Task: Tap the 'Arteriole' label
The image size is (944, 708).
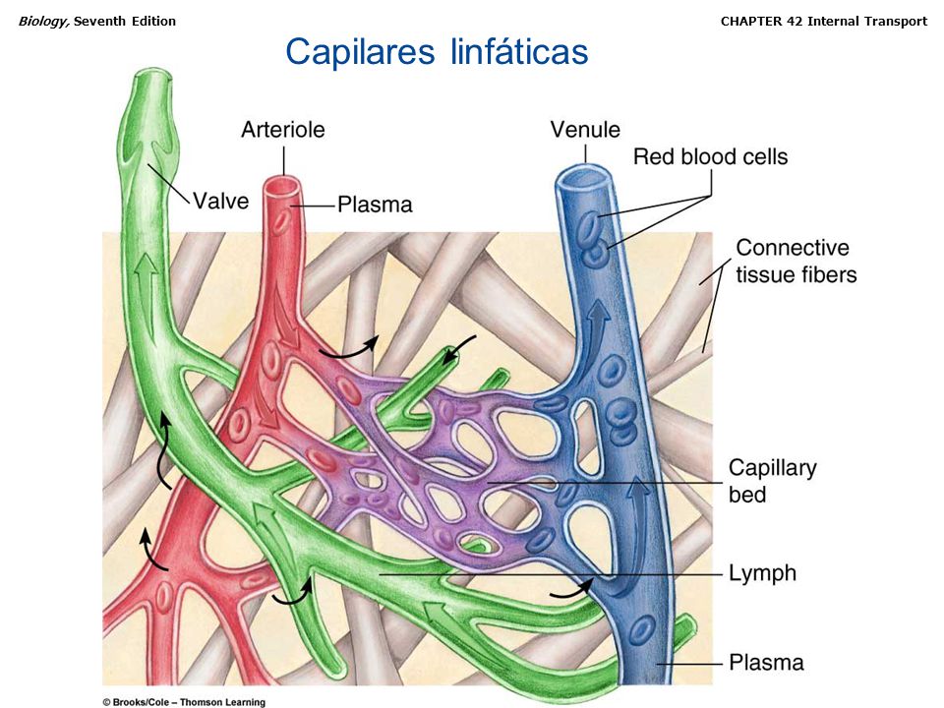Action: point(282,129)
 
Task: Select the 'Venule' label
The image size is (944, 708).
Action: point(585,130)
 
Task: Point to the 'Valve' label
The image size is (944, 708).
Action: point(220,201)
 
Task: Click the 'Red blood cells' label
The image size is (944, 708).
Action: point(710,155)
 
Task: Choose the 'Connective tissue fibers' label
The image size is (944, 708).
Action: point(796,261)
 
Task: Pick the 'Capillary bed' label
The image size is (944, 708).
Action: point(772,481)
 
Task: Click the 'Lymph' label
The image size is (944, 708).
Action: point(762,572)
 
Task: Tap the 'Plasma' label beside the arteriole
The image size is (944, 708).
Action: point(375,205)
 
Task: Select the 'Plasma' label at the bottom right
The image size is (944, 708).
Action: point(766,662)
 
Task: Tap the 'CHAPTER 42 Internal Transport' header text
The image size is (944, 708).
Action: point(823,21)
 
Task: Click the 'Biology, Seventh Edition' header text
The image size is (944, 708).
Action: point(96,21)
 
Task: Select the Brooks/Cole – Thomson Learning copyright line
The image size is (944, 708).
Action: point(184,701)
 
